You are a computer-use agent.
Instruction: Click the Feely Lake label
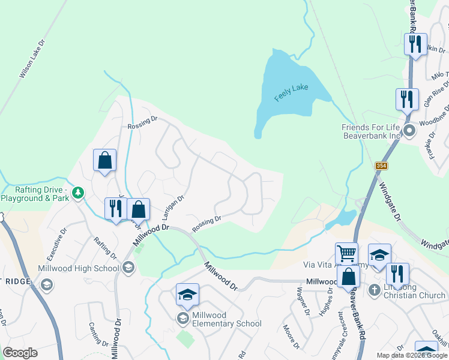coord(291,92)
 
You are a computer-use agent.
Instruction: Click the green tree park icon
coord(77,193)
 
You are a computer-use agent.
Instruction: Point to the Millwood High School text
coord(78,268)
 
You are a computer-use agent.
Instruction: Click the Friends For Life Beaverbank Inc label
coord(370,131)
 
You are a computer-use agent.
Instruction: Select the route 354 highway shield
coord(381,166)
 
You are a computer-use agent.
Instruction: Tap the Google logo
coord(20,353)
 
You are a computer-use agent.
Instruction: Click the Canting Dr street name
coord(98,334)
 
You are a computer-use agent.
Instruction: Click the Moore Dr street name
coord(291,336)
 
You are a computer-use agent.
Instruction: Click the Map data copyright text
coord(412,355)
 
